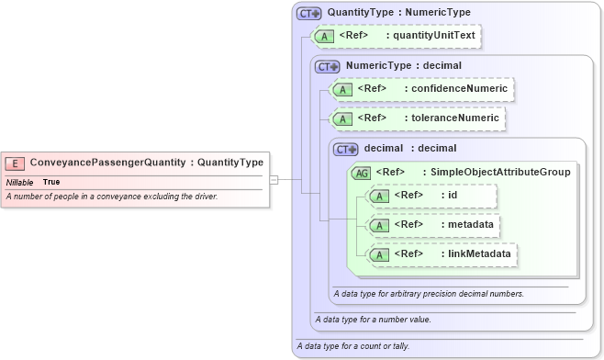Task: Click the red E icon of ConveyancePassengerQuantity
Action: point(16,163)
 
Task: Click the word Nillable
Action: point(19,183)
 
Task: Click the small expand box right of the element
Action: point(274,180)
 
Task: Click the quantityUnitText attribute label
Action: point(431,36)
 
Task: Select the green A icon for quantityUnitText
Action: point(324,37)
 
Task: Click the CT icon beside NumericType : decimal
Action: point(328,66)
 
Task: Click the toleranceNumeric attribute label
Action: point(455,118)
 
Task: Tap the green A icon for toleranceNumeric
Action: point(342,118)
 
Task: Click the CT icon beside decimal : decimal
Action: point(346,149)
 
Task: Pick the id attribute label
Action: point(453,195)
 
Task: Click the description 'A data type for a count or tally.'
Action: point(353,346)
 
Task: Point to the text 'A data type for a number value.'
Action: point(373,320)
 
